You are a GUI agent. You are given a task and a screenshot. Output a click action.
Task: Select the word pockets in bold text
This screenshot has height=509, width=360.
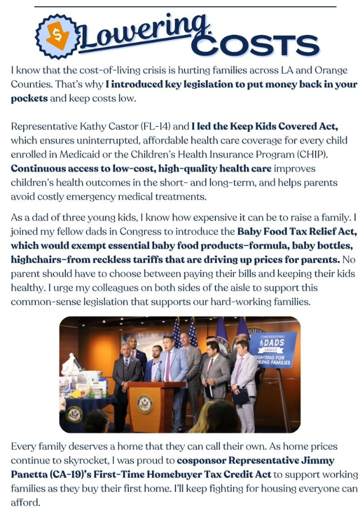tap(29, 98)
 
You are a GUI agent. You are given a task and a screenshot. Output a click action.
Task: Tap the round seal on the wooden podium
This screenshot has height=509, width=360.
tap(145, 404)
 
